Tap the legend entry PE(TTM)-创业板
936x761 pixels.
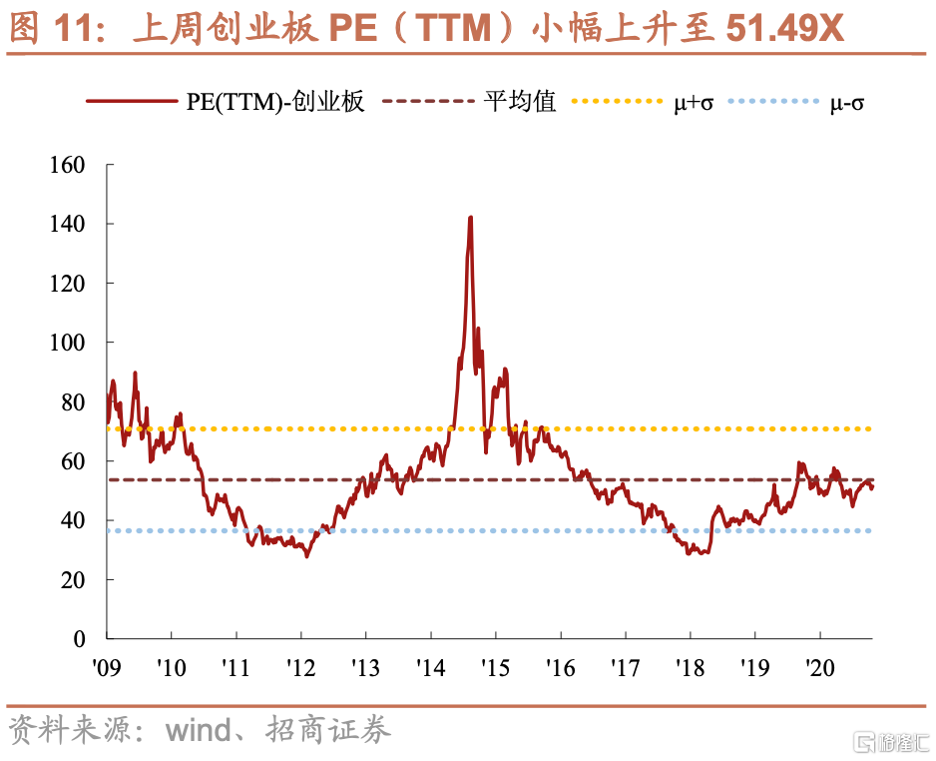(x=275, y=102)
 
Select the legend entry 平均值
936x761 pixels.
(x=520, y=102)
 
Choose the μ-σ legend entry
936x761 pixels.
(x=847, y=102)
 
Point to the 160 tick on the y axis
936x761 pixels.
(x=68, y=165)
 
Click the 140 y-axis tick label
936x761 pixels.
(x=68, y=224)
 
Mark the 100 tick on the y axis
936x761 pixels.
(x=68, y=343)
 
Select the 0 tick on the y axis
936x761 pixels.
(x=80, y=639)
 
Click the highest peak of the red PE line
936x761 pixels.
(x=470, y=218)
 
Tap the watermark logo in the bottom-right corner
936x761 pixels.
(x=891, y=741)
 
